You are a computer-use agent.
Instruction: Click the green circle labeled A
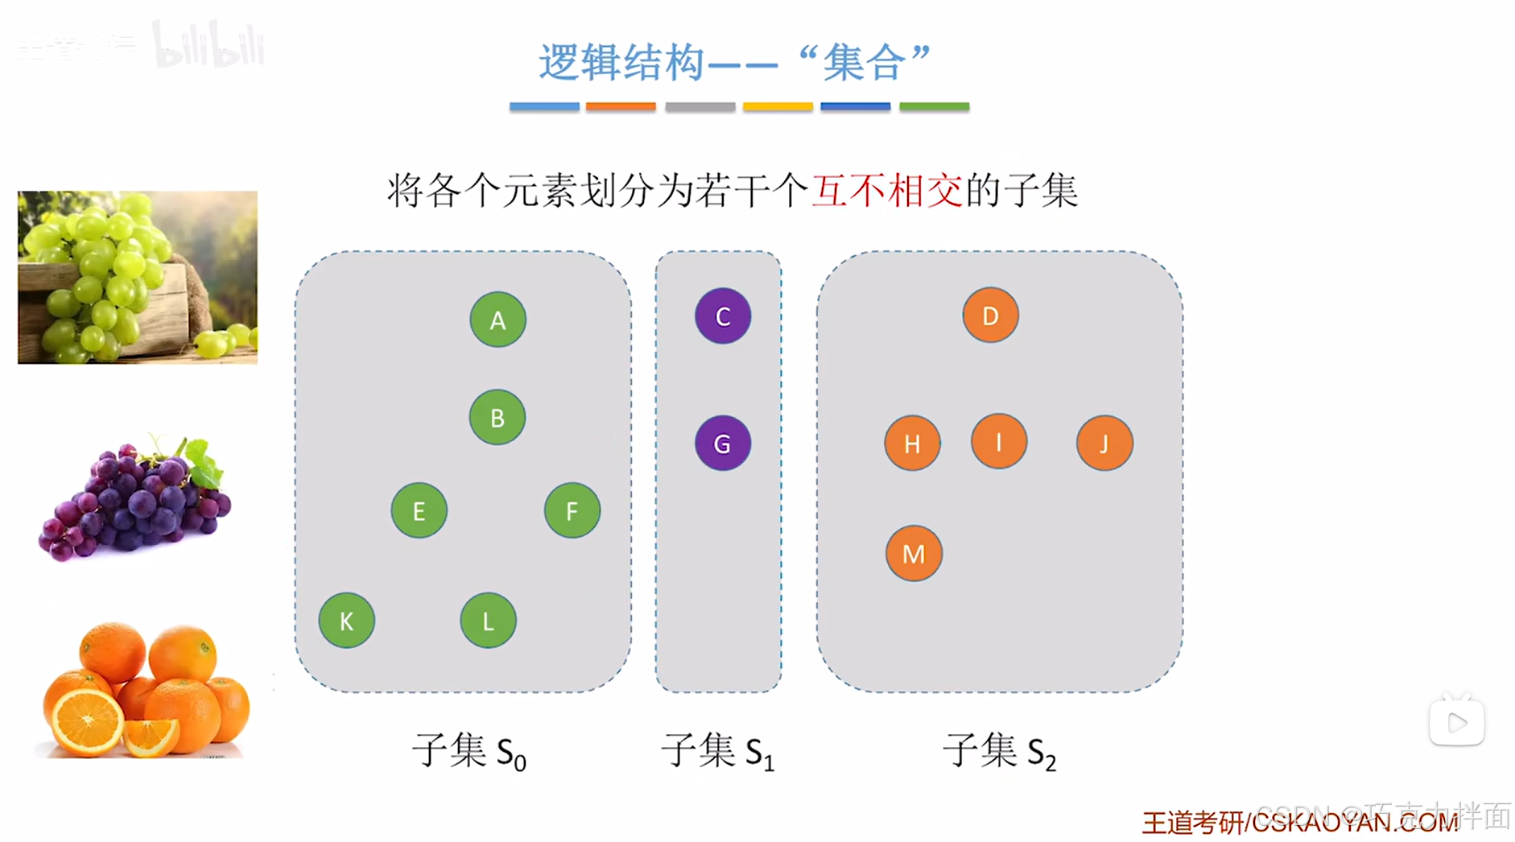pos(497,320)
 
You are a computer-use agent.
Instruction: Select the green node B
pos(497,418)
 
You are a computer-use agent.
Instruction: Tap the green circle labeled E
pos(419,510)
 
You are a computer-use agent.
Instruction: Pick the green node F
pos(572,510)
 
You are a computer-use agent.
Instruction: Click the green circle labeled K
pos(346,621)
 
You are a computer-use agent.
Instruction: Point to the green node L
pos(488,621)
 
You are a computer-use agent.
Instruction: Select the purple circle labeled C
pos(723,316)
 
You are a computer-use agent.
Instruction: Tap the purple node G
pos(723,443)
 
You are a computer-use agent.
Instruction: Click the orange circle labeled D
pos(990,316)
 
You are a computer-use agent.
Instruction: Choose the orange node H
pos(912,443)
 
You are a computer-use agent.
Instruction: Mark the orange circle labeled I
pos(998,441)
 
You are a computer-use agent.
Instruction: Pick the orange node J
pos(1104,443)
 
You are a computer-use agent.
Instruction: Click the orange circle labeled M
pos(914,553)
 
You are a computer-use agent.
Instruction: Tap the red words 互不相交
pos(887,192)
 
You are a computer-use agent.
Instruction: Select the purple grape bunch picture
pos(135,499)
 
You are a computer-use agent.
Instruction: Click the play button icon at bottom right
pos(1456,722)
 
